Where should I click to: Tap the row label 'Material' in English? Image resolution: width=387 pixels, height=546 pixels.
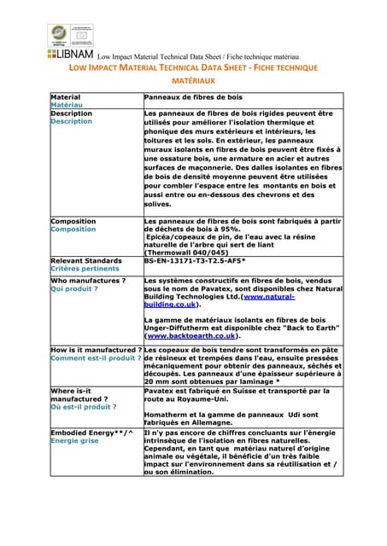[66, 98]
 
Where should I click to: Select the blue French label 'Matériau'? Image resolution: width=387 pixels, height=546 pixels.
[67, 106]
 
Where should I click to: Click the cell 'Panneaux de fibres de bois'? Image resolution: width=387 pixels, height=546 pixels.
[194, 98]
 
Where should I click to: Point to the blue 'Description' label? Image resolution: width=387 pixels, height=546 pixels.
[72, 121]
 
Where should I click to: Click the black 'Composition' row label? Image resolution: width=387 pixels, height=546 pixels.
[73, 221]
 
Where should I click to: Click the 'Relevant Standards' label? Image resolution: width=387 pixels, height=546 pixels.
[86, 260]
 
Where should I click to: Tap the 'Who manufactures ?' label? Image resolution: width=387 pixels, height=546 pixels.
[88, 280]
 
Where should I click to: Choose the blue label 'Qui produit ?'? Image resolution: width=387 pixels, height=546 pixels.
[74, 288]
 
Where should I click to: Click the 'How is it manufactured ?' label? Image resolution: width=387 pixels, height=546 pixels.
[96, 350]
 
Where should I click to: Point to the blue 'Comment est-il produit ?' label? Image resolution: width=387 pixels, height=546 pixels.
[96, 358]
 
